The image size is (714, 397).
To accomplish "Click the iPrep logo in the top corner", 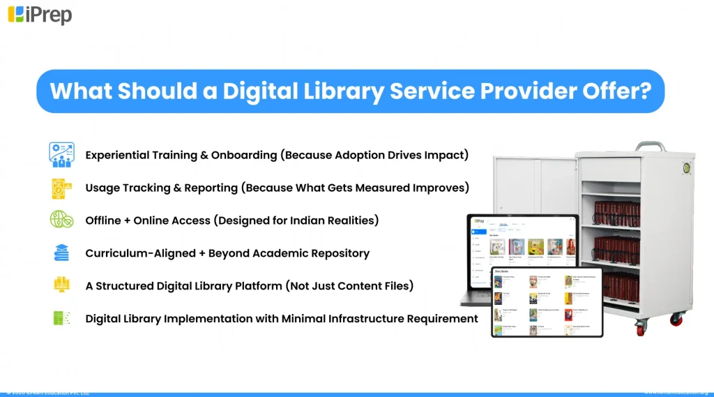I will [40, 14].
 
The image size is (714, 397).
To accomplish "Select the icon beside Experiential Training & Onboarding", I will [61, 155].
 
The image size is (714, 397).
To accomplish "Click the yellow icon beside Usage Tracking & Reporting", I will [61, 188].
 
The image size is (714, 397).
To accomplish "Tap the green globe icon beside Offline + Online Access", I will [61, 220].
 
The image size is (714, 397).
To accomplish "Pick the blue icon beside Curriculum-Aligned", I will [61, 253].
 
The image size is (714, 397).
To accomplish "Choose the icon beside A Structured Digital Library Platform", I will [61, 285].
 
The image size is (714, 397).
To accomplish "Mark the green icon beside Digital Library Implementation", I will [61, 318].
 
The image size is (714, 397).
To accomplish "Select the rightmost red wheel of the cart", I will [676, 320].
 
